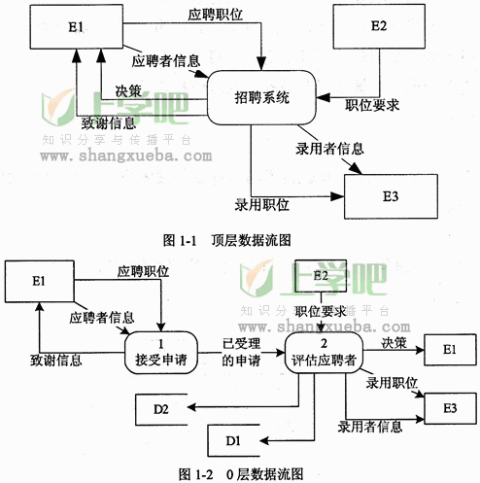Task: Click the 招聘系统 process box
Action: (261, 97)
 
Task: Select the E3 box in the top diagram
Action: (391, 196)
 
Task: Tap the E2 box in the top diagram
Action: (379, 26)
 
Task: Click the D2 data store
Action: (161, 409)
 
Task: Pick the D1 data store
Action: (233, 440)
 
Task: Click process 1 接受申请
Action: (161, 353)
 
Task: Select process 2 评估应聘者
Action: (324, 353)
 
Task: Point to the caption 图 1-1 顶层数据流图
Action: (226, 240)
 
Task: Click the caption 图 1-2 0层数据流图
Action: (241, 474)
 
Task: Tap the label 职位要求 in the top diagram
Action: (372, 105)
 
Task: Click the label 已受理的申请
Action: (241, 352)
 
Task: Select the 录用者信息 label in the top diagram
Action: (329, 149)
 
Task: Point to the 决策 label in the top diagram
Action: (128, 91)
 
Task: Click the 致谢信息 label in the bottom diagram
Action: (56, 361)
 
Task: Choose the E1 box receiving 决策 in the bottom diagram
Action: (450, 350)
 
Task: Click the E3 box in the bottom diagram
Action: (450, 408)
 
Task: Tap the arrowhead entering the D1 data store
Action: (264, 440)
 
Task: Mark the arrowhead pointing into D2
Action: (191, 407)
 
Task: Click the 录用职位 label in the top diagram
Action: (261, 205)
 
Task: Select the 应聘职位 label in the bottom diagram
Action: (143, 271)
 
